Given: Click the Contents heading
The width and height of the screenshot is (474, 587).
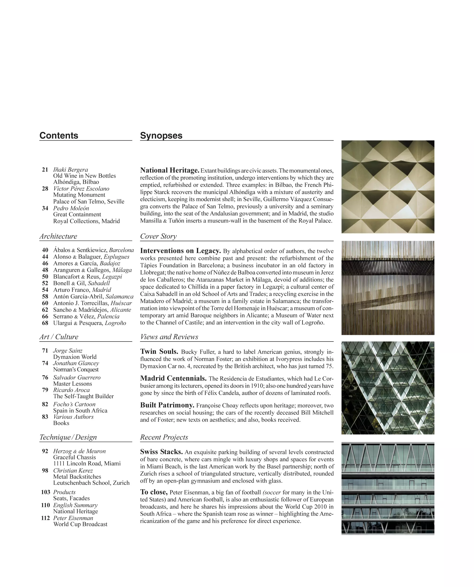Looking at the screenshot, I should [59, 136].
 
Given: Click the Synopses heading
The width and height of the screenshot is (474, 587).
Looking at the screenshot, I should [161, 136].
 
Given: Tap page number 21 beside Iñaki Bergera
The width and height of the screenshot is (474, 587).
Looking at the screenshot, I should [45, 170].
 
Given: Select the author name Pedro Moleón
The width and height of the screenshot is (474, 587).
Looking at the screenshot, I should [71, 208].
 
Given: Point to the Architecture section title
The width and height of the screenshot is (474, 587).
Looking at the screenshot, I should [58, 236].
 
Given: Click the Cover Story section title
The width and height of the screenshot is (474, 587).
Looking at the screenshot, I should [158, 236].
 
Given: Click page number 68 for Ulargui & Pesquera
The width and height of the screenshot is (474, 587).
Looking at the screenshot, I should [45, 323].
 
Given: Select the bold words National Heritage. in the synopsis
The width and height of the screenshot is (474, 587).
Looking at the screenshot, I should [169, 170].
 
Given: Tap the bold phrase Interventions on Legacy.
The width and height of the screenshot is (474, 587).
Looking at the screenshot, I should [180, 251].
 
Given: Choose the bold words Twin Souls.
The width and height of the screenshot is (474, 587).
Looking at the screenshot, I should [159, 351].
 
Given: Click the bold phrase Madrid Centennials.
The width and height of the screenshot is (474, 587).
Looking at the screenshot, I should [173, 378].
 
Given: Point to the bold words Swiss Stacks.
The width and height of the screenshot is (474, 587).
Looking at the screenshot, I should [161, 452].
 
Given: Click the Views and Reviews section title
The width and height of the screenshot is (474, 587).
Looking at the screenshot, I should [169, 337].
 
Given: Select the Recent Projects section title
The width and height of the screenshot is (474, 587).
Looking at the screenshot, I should [164, 437].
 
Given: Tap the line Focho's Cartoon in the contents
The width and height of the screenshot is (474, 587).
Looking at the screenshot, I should [74, 404].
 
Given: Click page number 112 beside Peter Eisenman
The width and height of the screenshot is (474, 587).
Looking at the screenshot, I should [46, 518].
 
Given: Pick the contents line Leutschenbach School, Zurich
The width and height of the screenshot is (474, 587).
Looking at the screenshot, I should [91, 483].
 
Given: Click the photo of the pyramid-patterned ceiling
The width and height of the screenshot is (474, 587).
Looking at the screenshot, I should [388, 187].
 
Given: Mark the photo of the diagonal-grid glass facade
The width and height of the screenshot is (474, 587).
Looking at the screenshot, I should [388, 388].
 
